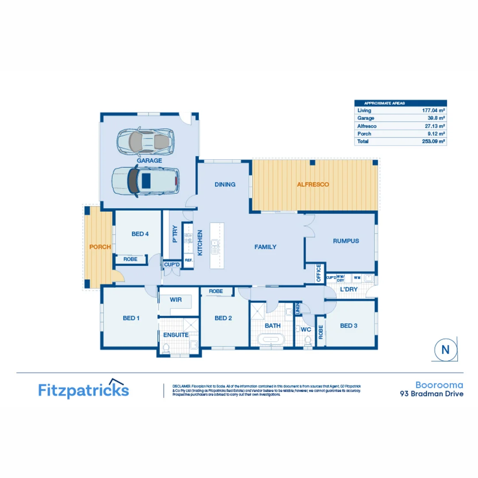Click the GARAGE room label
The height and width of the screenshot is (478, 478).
tap(149, 161)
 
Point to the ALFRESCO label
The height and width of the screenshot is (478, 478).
tap(313, 185)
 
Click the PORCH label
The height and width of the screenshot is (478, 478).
tap(100, 247)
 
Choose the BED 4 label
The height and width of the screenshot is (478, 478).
tap(140, 234)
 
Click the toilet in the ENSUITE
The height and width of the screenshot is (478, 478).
tap(166, 349)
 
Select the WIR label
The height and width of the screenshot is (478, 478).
tap(176, 300)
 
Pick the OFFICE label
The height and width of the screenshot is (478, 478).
tap(318, 273)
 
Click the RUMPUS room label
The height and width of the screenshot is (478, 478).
tap(346, 241)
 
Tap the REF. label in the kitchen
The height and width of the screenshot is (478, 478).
tap(189, 260)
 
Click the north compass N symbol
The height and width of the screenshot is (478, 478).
tap(445, 350)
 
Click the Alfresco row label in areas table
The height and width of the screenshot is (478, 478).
tap(367, 126)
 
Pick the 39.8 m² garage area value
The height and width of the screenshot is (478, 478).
tap(436, 118)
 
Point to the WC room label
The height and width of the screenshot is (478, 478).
tap(306, 330)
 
